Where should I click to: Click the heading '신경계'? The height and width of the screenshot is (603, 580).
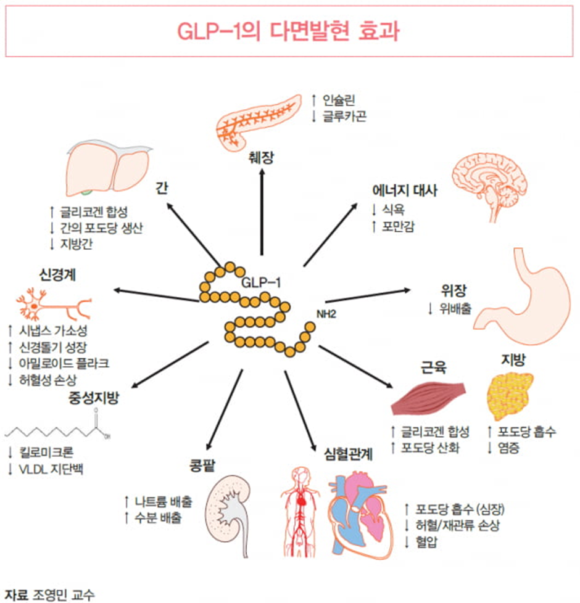tap(57, 275)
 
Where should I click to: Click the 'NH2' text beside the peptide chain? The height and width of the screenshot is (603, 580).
tap(326, 314)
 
